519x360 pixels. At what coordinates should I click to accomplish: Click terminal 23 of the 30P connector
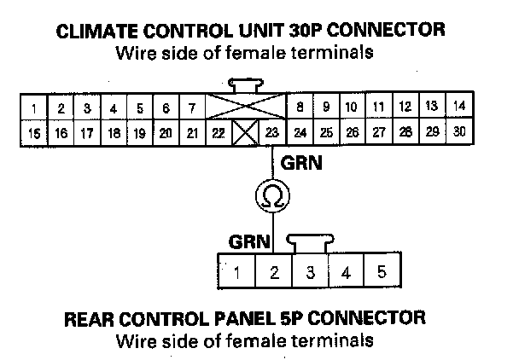coord(271,134)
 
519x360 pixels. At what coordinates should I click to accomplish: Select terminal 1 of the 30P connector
coord(33,108)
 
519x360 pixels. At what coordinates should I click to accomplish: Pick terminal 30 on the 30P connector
coord(460,133)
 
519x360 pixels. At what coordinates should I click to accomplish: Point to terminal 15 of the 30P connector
coord(33,134)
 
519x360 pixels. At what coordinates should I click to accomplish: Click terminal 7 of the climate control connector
coord(192,108)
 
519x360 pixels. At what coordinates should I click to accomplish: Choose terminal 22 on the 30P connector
coord(219,134)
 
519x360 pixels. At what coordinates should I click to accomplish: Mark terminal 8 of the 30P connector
coord(300,107)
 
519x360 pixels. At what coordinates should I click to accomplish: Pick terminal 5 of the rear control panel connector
coord(381,273)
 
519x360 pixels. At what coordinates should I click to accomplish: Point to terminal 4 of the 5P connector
coord(346,273)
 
